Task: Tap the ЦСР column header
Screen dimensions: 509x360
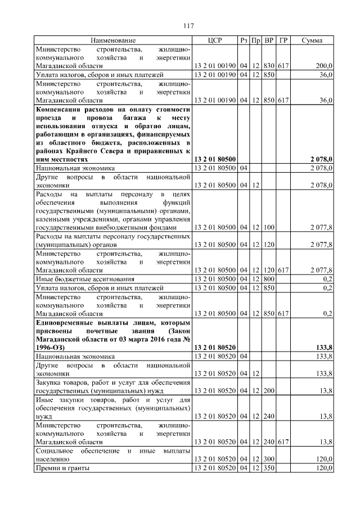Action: tap(215, 40)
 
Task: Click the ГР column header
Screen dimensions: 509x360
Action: tap(283, 40)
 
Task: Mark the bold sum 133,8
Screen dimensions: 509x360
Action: tap(322, 348)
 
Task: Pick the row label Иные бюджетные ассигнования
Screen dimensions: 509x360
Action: tap(85, 278)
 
